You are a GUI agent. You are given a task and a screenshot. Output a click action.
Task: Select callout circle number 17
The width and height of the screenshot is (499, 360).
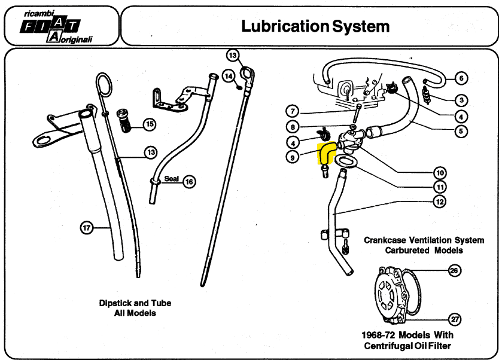click(87, 228)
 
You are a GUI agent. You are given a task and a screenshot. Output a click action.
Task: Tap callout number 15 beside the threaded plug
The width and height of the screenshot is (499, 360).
click(150, 124)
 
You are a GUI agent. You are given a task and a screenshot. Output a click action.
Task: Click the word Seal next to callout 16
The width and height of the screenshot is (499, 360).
click(172, 179)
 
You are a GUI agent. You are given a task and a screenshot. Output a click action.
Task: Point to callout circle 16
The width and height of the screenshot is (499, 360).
click(189, 182)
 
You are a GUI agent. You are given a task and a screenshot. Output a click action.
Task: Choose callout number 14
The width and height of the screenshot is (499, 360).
click(229, 76)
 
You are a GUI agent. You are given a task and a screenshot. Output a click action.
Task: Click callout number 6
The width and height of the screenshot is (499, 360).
click(461, 78)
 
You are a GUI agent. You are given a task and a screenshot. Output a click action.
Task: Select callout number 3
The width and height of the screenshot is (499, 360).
click(461, 100)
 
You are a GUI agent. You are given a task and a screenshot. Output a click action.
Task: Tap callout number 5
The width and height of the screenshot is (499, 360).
click(461, 131)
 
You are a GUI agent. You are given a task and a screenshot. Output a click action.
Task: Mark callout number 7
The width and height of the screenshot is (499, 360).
click(293, 111)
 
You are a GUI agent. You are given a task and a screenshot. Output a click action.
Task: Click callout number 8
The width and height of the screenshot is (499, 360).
click(293, 127)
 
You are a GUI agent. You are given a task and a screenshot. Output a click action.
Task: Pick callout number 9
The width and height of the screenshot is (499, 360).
click(293, 157)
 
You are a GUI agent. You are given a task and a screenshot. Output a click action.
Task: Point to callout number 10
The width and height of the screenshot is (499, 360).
click(440, 173)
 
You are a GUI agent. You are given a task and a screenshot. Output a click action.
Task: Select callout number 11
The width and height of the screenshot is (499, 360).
click(440, 187)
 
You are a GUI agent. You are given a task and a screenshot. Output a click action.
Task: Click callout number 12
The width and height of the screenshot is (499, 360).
click(440, 202)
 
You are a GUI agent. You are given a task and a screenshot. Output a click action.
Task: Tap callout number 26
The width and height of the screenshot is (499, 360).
click(454, 270)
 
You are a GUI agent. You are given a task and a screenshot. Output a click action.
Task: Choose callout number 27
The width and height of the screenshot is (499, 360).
click(455, 319)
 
